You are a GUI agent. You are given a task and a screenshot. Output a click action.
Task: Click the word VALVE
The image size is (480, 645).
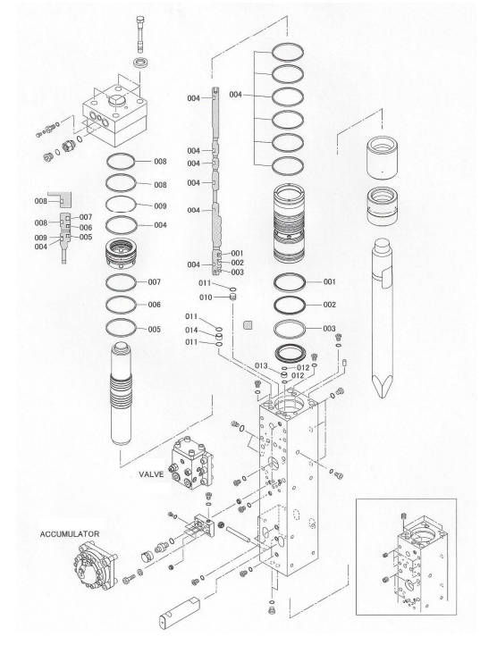tap(151, 474)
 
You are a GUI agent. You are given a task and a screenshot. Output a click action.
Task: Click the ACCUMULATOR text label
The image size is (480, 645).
tap(70, 534)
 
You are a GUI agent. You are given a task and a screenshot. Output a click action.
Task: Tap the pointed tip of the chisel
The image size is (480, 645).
tap(383, 396)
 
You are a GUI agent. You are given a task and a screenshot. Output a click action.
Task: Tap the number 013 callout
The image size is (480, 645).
tap(261, 365)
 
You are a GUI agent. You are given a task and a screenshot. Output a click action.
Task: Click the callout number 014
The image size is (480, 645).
tap(191, 330)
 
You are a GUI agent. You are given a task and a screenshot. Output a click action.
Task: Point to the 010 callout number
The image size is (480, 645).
tap(206, 297)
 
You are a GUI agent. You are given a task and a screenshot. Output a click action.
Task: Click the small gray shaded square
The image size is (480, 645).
tap(248, 325)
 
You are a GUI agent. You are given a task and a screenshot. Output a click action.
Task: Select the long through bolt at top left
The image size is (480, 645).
tap(140, 34)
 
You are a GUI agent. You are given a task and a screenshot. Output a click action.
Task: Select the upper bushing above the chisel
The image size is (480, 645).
tap(383, 157)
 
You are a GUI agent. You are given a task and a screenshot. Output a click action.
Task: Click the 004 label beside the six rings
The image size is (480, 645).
tap(235, 95)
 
